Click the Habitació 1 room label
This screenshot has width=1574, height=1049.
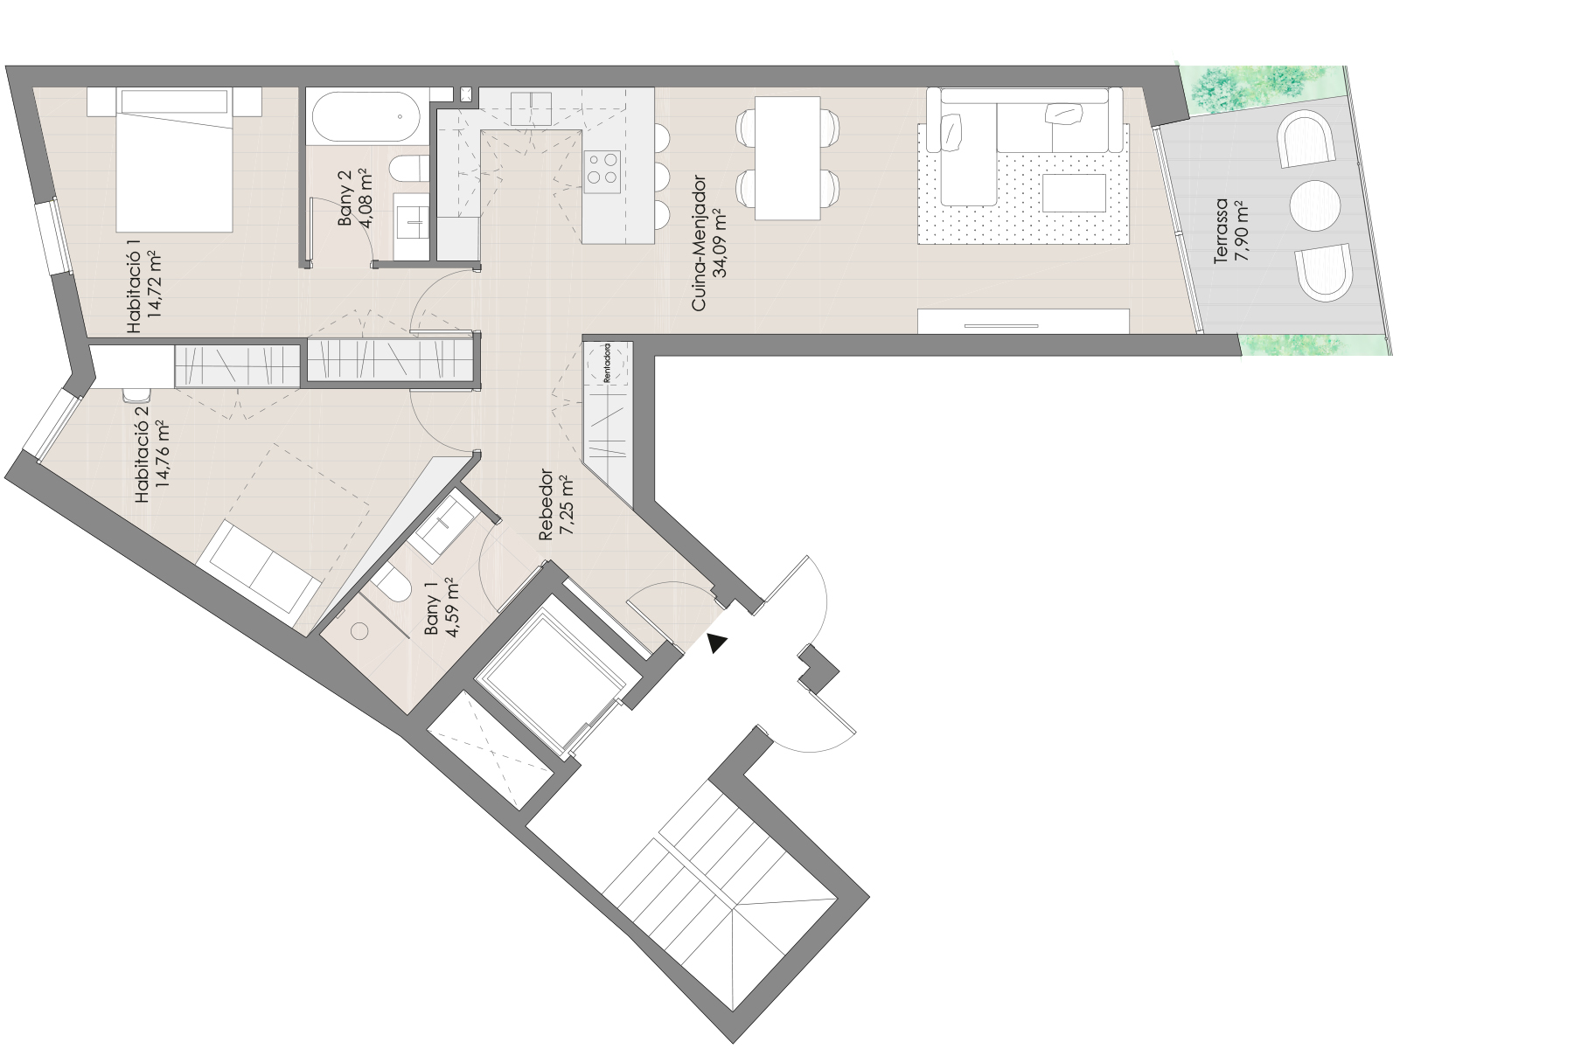144,294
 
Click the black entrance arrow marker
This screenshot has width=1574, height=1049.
717,643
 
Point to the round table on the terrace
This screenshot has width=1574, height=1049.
1314,205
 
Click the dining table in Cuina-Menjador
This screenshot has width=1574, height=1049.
787,157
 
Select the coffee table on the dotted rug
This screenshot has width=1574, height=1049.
1075,192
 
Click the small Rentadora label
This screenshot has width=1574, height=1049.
606,364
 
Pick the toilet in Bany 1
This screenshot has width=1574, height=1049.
391,584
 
